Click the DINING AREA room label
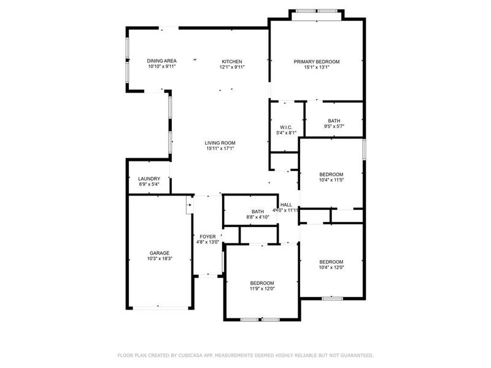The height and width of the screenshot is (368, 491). click(x=162, y=61)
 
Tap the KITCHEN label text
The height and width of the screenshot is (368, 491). click(x=232, y=61)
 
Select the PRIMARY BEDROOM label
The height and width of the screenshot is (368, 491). click(x=316, y=61)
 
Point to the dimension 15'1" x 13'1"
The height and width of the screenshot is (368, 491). click(x=316, y=67)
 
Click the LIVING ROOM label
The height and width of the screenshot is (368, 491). click(x=220, y=143)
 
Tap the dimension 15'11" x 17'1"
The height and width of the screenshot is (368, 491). click(x=220, y=148)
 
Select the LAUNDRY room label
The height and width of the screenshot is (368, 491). click(x=149, y=179)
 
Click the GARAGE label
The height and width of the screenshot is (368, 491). click(x=160, y=253)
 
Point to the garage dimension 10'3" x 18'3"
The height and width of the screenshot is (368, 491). click(x=160, y=259)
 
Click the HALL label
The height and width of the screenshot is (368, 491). click(x=286, y=205)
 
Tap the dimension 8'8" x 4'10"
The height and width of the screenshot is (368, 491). click(x=257, y=217)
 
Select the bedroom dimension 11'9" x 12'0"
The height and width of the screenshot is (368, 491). click(x=261, y=288)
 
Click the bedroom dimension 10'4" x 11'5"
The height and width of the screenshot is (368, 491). click(x=331, y=180)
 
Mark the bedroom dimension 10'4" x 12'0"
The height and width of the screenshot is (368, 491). click(x=331, y=267)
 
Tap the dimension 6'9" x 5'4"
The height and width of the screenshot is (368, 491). click(x=149, y=185)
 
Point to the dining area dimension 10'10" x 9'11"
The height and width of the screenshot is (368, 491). click(x=162, y=67)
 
